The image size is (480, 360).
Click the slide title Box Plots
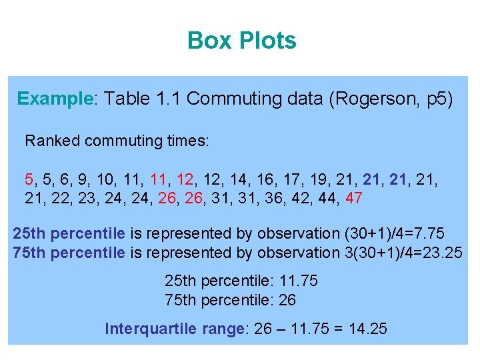point(241,41)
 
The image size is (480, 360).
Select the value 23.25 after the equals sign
point(442,253)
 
